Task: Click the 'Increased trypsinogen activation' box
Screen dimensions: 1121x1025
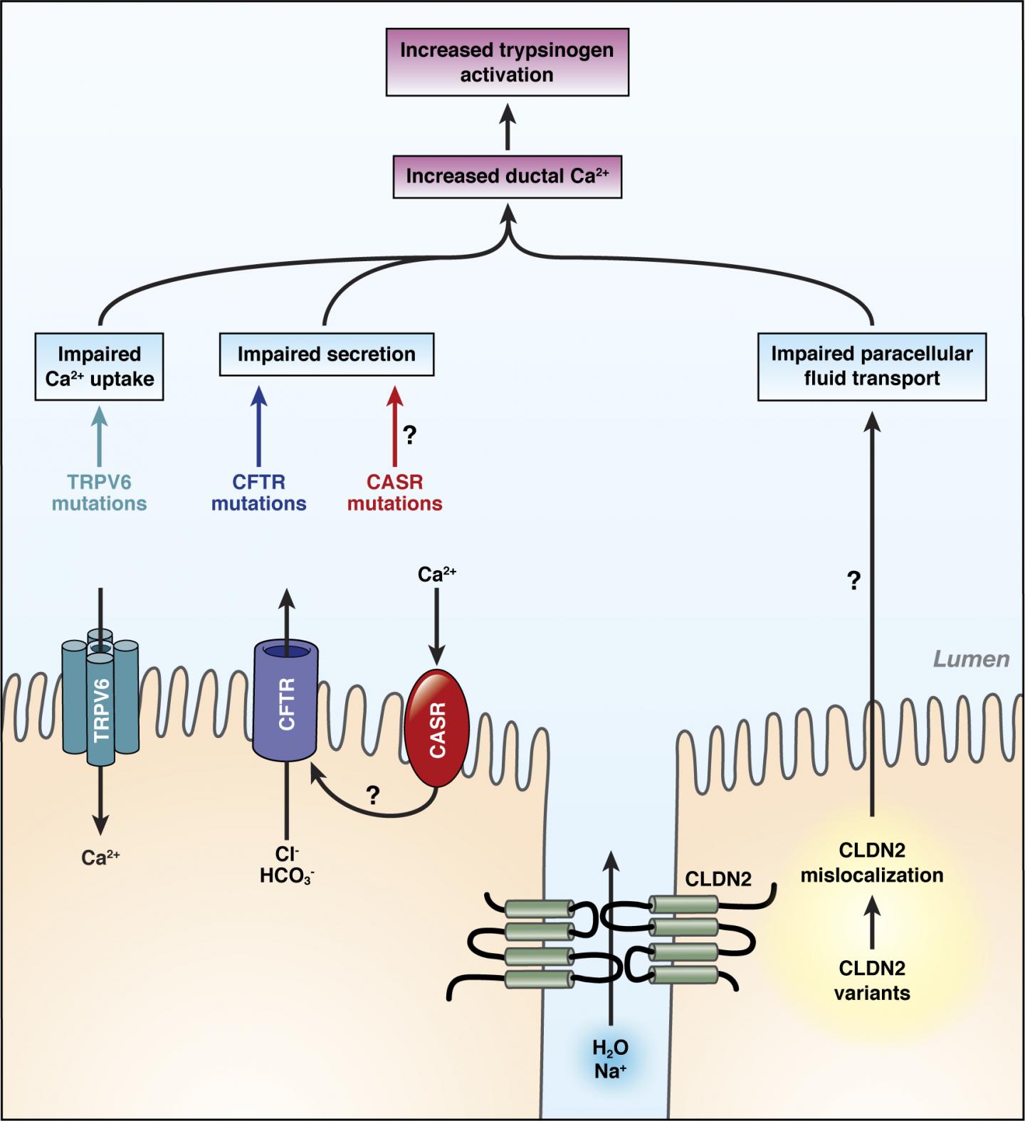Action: (507, 62)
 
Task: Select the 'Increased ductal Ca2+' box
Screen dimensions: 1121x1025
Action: (507, 177)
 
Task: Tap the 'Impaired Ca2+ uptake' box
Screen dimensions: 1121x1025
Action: (99, 367)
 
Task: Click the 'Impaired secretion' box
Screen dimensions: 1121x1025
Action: (326, 354)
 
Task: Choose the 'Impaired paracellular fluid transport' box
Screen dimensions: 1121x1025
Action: (871, 366)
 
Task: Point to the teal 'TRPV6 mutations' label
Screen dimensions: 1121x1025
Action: (99, 493)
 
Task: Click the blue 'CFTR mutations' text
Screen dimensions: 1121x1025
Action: (258, 493)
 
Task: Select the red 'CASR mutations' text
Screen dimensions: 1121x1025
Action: (394, 493)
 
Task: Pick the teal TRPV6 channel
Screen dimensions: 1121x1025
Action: (100, 701)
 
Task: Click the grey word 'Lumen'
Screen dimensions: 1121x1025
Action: (971, 659)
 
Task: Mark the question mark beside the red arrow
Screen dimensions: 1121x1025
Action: (410, 435)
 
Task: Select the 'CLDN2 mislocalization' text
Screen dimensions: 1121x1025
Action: (871, 863)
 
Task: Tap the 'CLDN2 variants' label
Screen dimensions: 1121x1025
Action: (871, 980)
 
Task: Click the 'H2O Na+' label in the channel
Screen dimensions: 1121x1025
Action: (610, 1058)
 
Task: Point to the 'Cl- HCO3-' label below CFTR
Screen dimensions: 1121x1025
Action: (287, 865)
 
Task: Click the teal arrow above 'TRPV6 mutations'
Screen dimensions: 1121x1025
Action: (99, 435)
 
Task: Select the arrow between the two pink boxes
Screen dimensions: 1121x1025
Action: (507, 126)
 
